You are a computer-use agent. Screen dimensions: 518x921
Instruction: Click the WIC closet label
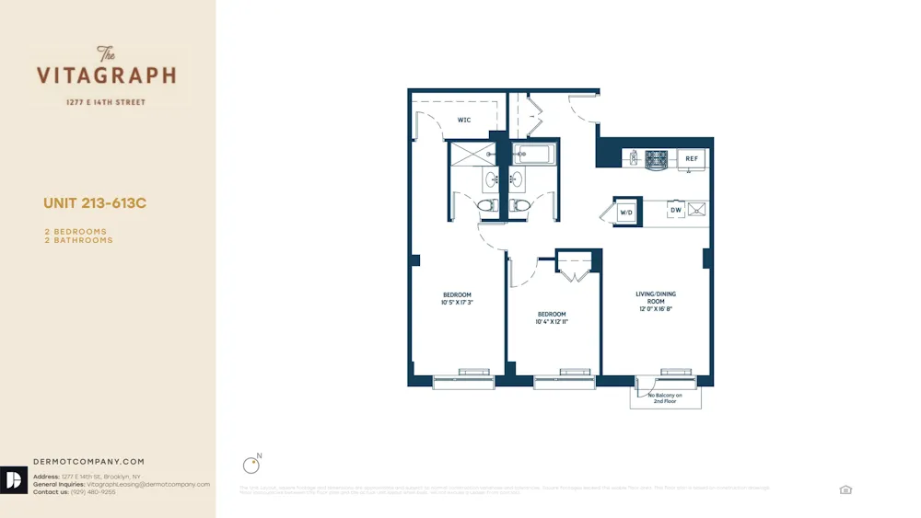[x=464, y=120]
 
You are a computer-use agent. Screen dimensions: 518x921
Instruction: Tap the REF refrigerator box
[x=692, y=159]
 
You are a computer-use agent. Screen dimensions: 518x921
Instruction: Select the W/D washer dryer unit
[x=626, y=213]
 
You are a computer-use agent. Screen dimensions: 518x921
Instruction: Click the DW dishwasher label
[x=676, y=211]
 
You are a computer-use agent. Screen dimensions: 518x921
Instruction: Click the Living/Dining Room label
[x=656, y=297]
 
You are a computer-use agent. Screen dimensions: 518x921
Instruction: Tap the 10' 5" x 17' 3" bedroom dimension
[x=457, y=302]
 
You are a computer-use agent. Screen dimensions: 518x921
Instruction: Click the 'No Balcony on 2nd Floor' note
[x=665, y=397]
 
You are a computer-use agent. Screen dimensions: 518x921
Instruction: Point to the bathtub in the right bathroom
[x=533, y=155]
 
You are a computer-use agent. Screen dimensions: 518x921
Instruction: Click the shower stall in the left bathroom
[x=471, y=154]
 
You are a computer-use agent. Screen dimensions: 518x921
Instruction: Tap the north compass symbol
[x=250, y=465]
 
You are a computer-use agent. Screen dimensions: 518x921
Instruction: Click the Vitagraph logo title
[x=106, y=75]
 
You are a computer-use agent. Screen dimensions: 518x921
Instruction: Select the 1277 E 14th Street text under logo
[x=106, y=102]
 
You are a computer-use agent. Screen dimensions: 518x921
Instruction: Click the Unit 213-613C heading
[x=95, y=203]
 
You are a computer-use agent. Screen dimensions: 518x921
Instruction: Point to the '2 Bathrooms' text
[x=78, y=240]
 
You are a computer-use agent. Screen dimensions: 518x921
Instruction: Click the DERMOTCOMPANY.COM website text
[x=88, y=462]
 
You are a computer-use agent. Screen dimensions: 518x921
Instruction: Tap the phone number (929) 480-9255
[x=96, y=492]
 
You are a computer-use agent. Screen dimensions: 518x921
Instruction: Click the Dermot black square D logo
[x=14, y=480]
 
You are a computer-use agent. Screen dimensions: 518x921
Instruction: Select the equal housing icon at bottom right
[x=845, y=489]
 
